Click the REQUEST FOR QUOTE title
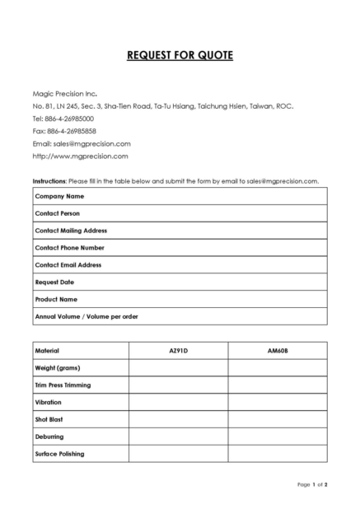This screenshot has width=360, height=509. click(x=180, y=56)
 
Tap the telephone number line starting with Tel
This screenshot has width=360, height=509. click(x=63, y=118)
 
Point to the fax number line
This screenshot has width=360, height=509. click(x=64, y=130)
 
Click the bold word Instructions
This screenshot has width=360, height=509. click(x=49, y=180)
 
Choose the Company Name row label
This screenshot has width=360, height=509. click(x=59, y=196)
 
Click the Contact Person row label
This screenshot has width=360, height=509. click(x=57, y=213)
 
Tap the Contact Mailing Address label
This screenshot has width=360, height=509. click(x=71, y=231)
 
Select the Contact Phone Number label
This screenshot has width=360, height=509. click(x=69, y=248)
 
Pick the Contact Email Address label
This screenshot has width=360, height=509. click(x=68, y=265)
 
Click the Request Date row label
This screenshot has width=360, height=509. click(x=54, y=283)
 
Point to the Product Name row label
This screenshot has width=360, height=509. click(x=56, y=299)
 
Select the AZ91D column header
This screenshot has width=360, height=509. click(x=178, y=351)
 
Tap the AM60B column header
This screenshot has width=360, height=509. click(x=278, y=351)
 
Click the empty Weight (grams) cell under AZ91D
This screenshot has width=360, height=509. click(x=178, y=367)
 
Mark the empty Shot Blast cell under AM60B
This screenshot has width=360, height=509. click(x=278, y=419)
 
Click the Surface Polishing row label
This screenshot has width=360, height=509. click(x=59, y=454)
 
